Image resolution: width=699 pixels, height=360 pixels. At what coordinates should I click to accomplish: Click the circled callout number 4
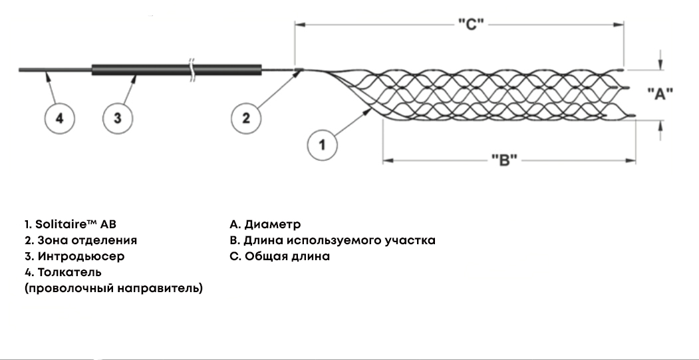click(x=59, y=118)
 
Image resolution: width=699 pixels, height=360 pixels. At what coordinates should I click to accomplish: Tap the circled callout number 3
click(x=118, y=118)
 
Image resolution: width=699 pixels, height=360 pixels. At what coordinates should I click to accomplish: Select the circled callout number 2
click(x=245, y=118)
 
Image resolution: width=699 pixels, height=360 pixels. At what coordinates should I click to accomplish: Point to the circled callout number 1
click(x=323, y=144)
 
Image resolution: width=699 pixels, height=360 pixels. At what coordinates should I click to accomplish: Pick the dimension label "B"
click(x=504, y=160)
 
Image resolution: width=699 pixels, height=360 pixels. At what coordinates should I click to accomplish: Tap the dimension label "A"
click(x=660, y=94)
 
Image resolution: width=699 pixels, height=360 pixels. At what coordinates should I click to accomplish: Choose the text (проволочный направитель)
click(x=114, y=289)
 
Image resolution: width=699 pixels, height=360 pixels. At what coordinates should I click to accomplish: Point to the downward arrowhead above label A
click(x=660, y=65)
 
